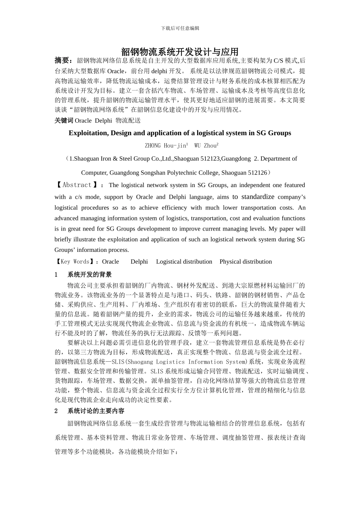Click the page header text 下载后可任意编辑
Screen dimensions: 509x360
[x=180, y=28]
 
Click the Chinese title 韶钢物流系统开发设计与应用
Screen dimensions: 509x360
[x=180, y=52]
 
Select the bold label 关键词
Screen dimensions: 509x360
[x=64, y=120]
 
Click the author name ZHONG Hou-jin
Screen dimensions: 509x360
[x=166, y=145]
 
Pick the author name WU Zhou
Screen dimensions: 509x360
[x=206, y=145]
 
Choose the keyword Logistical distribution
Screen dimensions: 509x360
[x=184, y=262]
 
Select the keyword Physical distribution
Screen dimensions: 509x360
[x=246, y=262]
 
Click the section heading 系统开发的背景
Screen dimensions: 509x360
[x=89, y=275]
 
